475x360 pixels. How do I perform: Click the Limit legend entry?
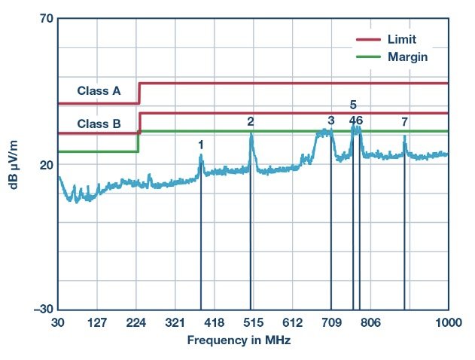[x=402, y=38]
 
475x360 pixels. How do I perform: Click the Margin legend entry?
[x=408, y=56]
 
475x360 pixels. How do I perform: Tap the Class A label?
[x=99, y=91]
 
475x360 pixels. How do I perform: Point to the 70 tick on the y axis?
[x=44, y=19]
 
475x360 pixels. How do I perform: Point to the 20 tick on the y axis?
[x=44, y=165]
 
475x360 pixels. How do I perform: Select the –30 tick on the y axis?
[x=42, y=310]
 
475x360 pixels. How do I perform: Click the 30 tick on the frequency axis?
[x=58, y=322]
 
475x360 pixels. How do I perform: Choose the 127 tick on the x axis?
[x=97, y=322]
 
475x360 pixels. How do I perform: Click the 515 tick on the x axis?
[x=253, y=322]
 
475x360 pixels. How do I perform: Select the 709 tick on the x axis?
[x=331, y=322]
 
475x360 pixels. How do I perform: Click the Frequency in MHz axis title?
[x=239, y=340]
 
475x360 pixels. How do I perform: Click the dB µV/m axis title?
[x=15, y=164]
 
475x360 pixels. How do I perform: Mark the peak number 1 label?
[x=201, y=144]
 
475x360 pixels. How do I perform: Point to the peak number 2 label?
[x=251, y=121]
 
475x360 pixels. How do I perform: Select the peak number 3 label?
[x=331, y=121]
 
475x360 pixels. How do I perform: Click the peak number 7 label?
[x=405, y=121]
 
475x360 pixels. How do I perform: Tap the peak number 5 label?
[x=353, y=105]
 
